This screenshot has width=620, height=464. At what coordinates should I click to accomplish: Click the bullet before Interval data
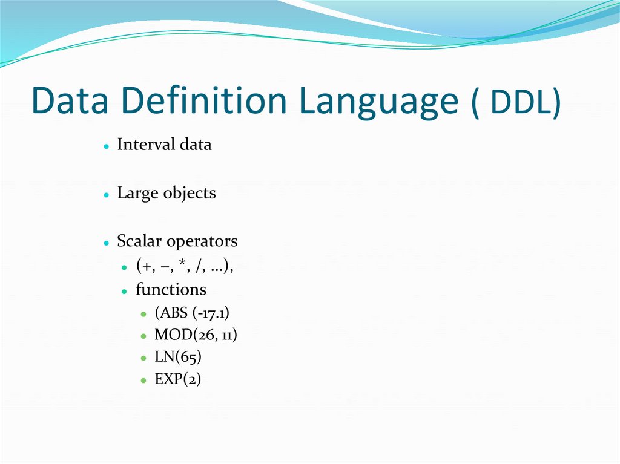(105, 146)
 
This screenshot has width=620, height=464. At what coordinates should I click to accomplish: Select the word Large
(138, 193)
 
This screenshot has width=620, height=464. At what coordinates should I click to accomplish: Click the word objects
(189, 194)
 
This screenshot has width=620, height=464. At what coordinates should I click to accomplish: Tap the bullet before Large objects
(105, 195)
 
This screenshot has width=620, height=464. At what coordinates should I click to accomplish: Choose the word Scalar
(139, 241)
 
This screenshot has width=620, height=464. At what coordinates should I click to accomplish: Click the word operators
(202, 242)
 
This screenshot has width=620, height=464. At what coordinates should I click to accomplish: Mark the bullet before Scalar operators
(105, 243)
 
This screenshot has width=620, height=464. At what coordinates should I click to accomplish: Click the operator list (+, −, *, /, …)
(184, 266)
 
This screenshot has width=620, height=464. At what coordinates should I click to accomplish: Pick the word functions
(171, 289)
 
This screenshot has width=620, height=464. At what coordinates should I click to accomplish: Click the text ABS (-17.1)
(192, 313)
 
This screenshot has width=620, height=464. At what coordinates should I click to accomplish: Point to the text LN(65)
(178, 357)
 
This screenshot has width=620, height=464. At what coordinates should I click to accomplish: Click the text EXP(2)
(177, 379)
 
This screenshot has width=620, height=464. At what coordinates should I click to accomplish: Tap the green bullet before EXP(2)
(143, 381)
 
